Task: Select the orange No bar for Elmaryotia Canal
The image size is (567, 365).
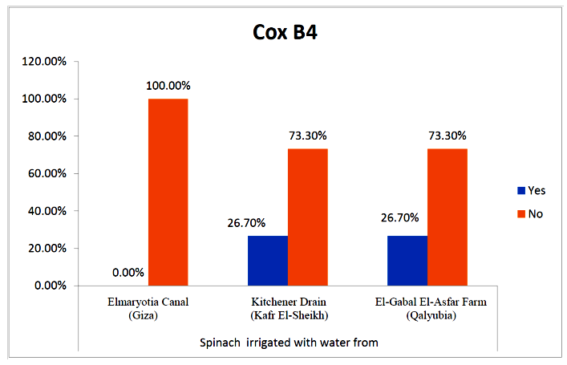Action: pyautogui.click(x=168, y=192)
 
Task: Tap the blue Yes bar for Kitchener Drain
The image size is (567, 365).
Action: pyautogui.click(x=267, y=260)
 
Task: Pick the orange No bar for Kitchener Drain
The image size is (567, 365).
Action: pyautogui.click(x=307, y=217)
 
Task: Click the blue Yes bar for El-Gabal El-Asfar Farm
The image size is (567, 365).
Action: pyautogui.click(x=407, y=260)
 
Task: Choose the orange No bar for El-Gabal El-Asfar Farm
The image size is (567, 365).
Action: pyautogui.click(x=447, y=217)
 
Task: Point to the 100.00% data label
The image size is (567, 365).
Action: pyautogui.click(x=168, y=86)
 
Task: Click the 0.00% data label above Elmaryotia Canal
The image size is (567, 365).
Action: pyautogui.click(x=128, y=273)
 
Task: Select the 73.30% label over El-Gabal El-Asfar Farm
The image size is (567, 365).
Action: pyautogui.click(x=447, y=136)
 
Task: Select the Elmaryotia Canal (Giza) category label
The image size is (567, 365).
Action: pyautogui.click(x=148, y=309)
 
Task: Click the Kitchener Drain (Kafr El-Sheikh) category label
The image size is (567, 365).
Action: pyautogui.click(x=287, y=309)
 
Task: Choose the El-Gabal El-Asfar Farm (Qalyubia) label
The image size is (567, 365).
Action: pyautogui.click(x=427, y=309)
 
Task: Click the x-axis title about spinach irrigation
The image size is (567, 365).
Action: pyautogui.click(x=289, y=343)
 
